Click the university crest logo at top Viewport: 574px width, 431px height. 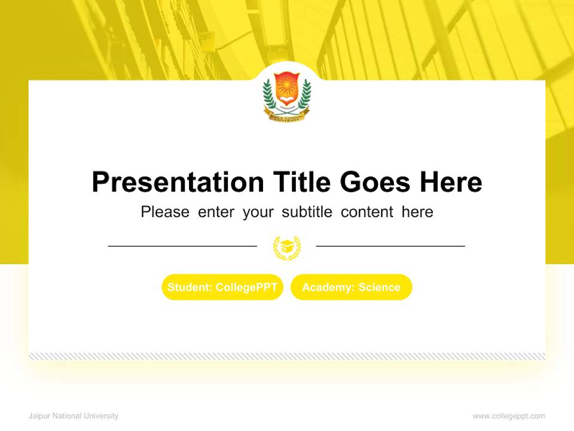pyautogui.click(x=287, y=95)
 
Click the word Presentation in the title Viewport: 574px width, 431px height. pyautogui.click(x=178, y=182)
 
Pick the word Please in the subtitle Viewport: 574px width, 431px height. pyautogui.click(x=165, y=212)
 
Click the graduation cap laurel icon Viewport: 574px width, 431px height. pyautogui.click(x=287, y=247)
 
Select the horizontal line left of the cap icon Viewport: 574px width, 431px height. pyautogui.click(x=182, y=246)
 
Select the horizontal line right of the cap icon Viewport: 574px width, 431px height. pyautogui.click(x=390, y=246)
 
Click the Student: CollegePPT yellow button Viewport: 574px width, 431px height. pyautogui.click(x=222, y=287)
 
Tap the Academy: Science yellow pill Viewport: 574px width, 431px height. pyautogui.click(x=352, y=287)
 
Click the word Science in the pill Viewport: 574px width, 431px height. pyautogui.click(x=379, y=287)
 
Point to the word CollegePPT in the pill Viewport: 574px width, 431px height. pyautogui.click(x=246, y=287)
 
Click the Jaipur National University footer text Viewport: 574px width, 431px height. pyautogui.click(x=74, y=416)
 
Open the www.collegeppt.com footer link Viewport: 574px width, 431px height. pyautogui.click(x=509, y=416)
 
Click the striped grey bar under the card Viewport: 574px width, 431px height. pyautogui.click(x=287, y=356)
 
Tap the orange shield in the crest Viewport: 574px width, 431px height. pyautogui.click(x=287, y=86)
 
